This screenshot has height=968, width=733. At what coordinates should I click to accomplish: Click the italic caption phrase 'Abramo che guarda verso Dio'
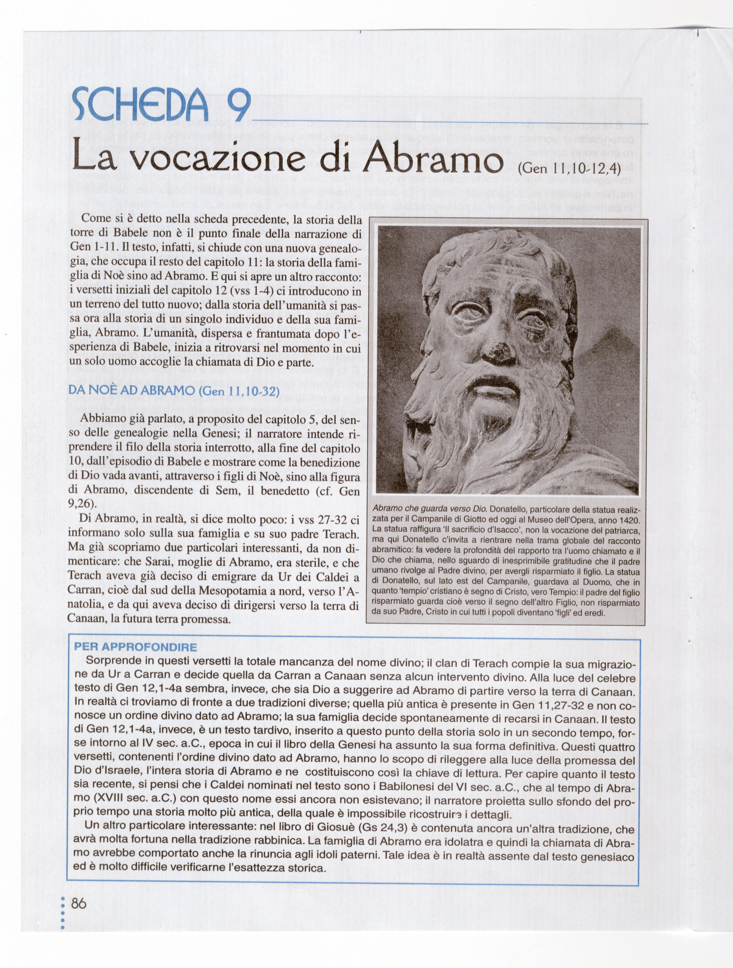pyautogui.click(x=429, y=509)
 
